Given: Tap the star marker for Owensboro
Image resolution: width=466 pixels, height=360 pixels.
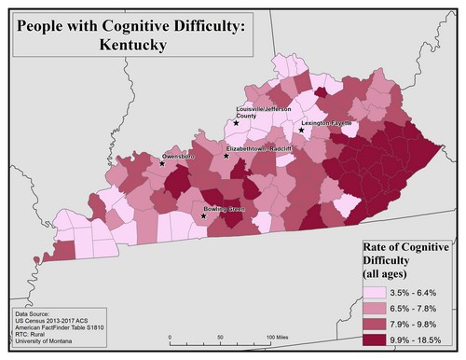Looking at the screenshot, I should pos(162,163).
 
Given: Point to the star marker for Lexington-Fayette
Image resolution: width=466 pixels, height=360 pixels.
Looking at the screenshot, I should pos(301,131).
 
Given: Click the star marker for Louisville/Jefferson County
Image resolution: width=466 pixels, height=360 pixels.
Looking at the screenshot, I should pos(237,123).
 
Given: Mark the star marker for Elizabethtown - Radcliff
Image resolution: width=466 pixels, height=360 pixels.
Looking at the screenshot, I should pos(226,156).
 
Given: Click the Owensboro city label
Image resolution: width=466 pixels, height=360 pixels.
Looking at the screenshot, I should pos(179,156).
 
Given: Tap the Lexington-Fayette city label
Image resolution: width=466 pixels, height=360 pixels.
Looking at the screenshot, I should pos(322,123).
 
